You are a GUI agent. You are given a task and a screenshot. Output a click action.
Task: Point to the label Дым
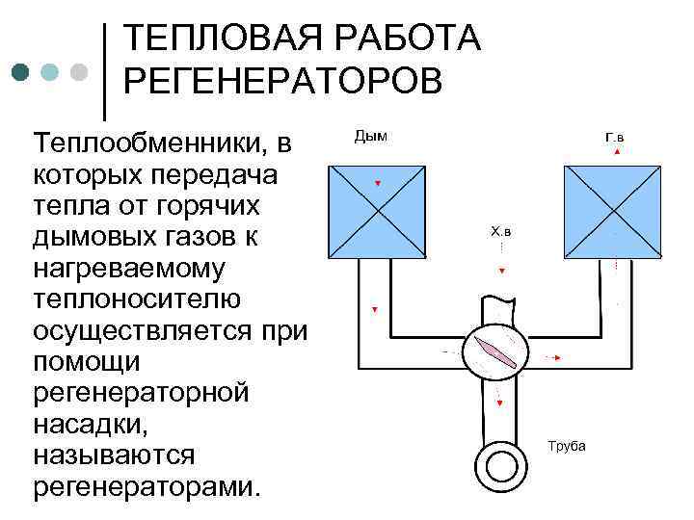point(371,136)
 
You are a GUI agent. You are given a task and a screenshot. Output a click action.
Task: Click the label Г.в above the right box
point(614,138)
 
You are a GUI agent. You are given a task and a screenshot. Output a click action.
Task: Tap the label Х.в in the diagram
point(502,231)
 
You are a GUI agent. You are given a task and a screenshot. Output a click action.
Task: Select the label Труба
point(566,446)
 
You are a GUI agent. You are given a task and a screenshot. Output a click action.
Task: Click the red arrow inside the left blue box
point(377,183)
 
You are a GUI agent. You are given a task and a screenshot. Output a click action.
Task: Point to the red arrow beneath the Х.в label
point(501,272)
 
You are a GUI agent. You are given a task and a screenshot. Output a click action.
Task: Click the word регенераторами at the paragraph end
point(145,484)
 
